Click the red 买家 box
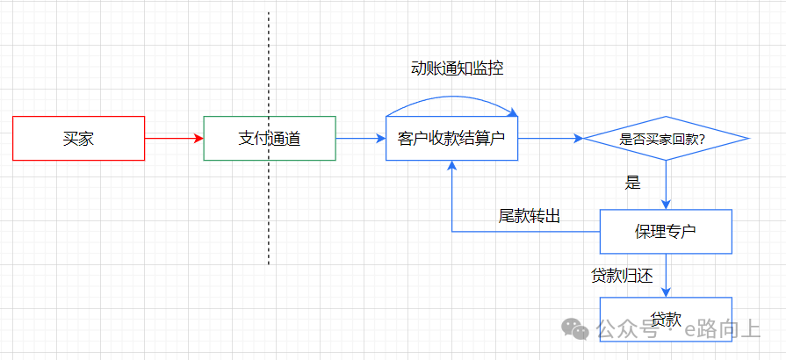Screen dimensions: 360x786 pos(79,138)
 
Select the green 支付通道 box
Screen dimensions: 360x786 pos(269,138)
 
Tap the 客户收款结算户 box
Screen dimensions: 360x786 pos(451,138)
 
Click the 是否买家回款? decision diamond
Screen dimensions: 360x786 pos(666,138)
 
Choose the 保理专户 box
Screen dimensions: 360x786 pos(666,232)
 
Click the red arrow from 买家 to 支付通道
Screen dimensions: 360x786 pos(174,138)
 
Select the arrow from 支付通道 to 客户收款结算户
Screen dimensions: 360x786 pos(360,138)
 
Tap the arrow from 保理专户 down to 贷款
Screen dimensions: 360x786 pos(667,275)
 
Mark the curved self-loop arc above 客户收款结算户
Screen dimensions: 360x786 pos(451,99)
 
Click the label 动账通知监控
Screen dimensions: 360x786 pos(457,68)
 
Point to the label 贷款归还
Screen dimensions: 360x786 pos(623,276)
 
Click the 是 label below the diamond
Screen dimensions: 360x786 pos(632,184)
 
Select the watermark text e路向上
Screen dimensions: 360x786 pos(723,329)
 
